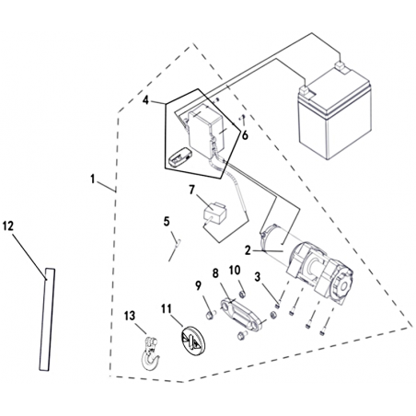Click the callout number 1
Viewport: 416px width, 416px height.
point(93,179)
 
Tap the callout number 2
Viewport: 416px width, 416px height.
point(248,250)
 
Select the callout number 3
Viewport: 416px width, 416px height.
point(258,277)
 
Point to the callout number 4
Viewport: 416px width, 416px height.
point(145,100)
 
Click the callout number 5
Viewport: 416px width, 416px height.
point(167,221)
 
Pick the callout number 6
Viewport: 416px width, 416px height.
point(245,135)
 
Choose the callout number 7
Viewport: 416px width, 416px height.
point(192,190)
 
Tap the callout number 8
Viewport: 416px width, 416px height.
point(215,273)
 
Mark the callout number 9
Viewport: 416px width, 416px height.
point(199,285)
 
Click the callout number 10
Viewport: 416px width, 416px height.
point(235,271)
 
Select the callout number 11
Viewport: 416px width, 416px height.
point(167,309)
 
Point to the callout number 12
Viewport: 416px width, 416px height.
point(8,226)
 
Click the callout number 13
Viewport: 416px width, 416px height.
point(130,316)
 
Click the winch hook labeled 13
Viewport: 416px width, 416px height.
point(150,352)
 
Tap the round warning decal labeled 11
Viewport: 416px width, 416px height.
point(191,341)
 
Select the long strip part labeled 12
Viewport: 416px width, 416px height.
point(47,319)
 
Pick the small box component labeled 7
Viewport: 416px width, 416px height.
point(215,213)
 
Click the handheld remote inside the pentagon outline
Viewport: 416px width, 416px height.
point(180,156)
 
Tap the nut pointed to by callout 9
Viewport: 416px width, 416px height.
point(210,315)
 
